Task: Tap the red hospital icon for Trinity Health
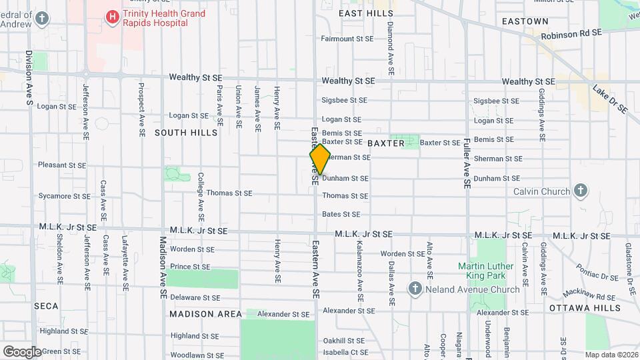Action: pos(112,16)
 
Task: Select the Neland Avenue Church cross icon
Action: pos(415,289)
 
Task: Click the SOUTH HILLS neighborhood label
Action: pos(186,133)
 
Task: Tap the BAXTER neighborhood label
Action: pos(385,143)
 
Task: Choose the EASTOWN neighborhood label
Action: pos(525,21)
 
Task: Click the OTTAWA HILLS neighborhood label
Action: pos(585,308)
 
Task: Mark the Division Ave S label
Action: pos(29,79)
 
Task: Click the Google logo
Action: pos(21,351)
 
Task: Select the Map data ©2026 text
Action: pos(611,355)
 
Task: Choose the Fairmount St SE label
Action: pos(347,39)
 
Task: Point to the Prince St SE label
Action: pos(190,267)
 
